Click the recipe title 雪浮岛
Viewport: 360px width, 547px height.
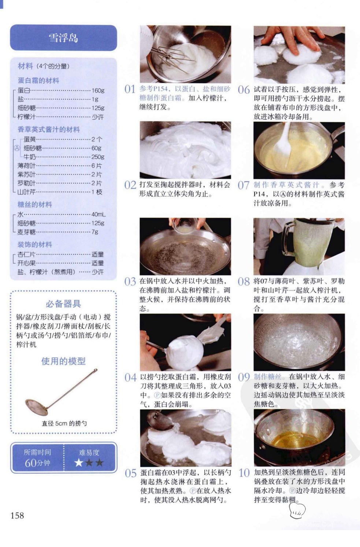[x=63, y=38]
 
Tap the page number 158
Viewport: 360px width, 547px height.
[x=17, y=516]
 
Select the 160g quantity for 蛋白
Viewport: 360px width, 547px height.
[x=98, y=90]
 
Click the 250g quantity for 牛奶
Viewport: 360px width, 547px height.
[x=98, y=157]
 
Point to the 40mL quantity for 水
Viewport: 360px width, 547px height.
[x=99, y=215]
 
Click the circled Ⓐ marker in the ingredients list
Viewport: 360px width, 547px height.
[x=16, y=148]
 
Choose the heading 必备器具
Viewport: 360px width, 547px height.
[x=63, y=304]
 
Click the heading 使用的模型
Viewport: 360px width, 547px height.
[x=63, y=361]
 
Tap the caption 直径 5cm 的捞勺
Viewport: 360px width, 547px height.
[x=64, y=423]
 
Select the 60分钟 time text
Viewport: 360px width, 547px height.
[x=37, y=463]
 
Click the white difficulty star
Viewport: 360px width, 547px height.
[x=79, y=462]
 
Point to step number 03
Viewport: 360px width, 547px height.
[x=130, y=282]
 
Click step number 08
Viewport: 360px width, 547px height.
[x=244, y=282]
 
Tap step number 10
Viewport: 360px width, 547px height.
[x=244, y=473]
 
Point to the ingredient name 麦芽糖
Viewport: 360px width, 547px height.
[x=26, y=232]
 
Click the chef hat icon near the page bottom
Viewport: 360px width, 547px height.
[x=297, y=510]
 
